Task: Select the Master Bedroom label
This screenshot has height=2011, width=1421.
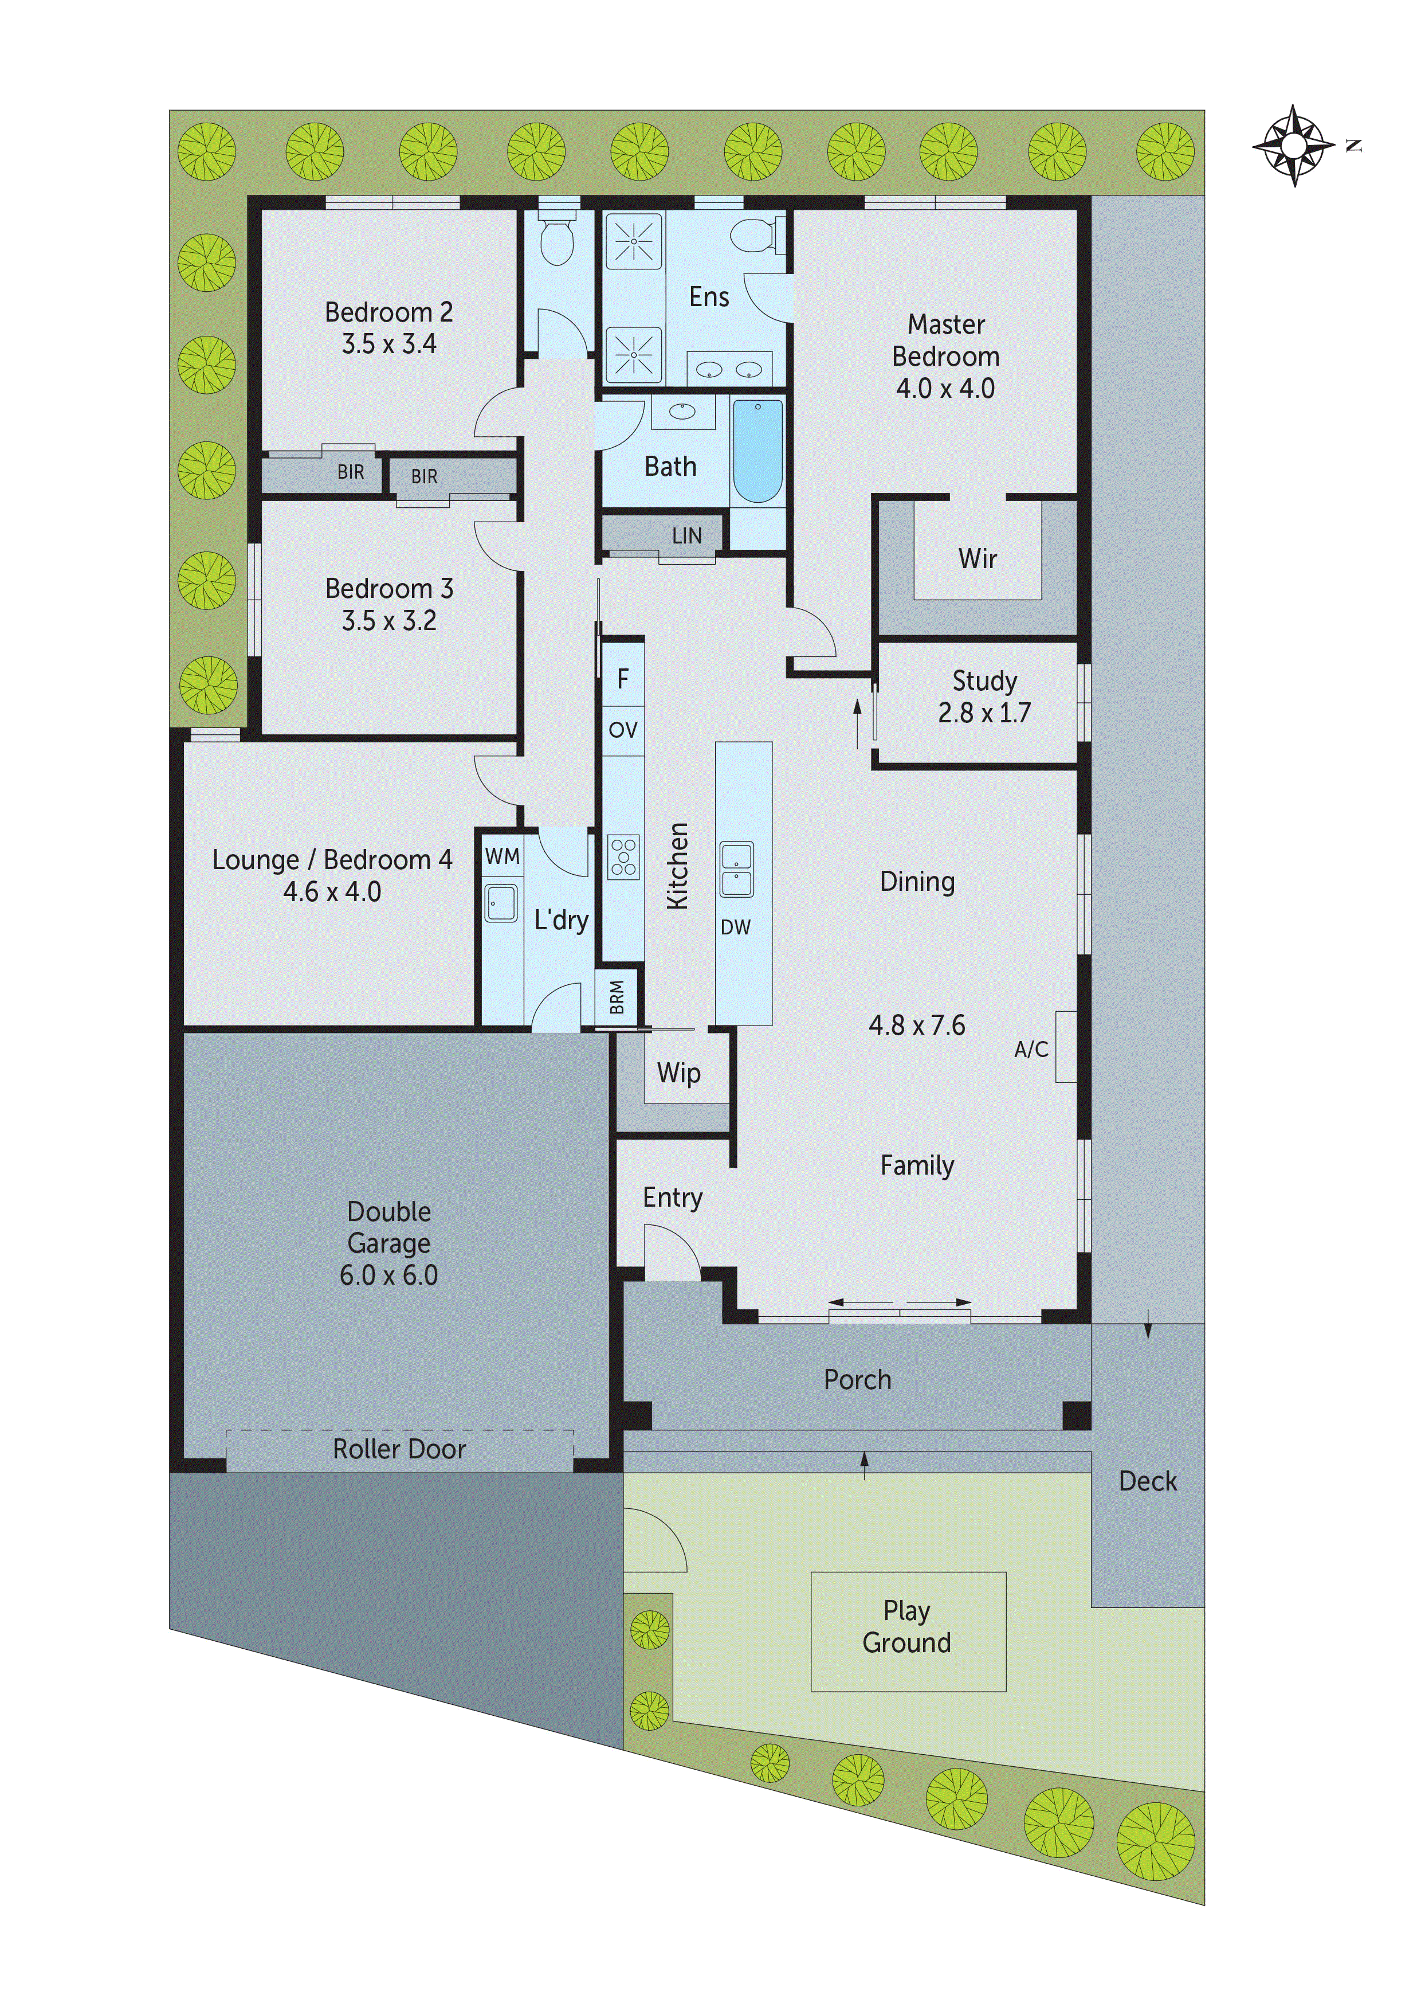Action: (x=945, y=355)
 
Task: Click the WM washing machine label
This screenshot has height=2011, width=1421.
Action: (x=502, y=856)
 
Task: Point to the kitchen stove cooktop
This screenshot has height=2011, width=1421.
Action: (x=623, y=856)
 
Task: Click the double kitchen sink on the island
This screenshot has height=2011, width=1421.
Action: (x=736, y=870)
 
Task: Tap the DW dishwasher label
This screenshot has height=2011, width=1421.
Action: (x=736, y=926)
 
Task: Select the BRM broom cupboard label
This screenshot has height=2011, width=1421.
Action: (x=617, y=997)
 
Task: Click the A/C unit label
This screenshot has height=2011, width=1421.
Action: (x=1030, y=1048)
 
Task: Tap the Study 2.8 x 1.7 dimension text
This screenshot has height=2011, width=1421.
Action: (x=984, y=713)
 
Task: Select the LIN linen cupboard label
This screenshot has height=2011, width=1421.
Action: (x=686, y=535)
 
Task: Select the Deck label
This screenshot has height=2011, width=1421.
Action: (x=1147, y=1481)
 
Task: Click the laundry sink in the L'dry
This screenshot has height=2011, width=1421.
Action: (x=501, y=903)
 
